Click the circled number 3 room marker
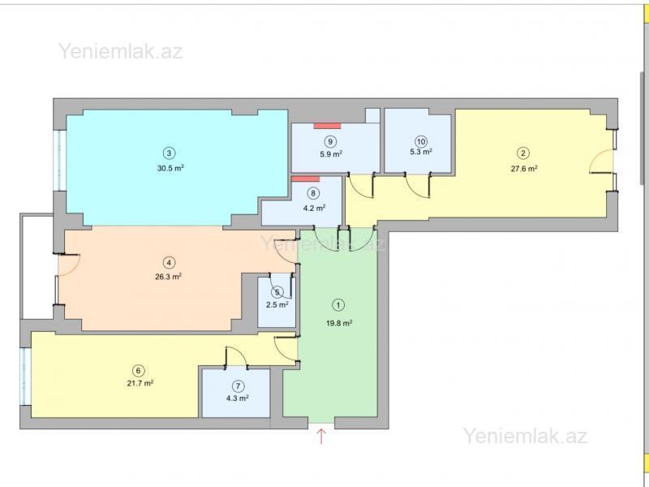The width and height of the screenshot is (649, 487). click(169, 153)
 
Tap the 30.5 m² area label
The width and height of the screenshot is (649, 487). click(170, 168)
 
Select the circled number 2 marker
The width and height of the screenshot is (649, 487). click(523, 153)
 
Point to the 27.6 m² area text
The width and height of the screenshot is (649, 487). click(524, 168)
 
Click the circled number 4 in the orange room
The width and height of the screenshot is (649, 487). click(169, 262)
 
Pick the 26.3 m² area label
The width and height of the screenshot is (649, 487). click(169, 277)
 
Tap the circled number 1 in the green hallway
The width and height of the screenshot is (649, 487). click(338, 305)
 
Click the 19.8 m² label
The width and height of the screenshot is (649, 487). click(339, 323)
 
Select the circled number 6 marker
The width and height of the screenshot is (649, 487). click(138, 370)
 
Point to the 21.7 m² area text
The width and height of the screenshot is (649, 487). click(140, 383)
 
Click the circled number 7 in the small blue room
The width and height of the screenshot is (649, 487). click(238, 386)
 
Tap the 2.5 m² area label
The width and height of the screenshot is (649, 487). click(277, 305)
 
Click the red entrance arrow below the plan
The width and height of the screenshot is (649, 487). click(321, 437)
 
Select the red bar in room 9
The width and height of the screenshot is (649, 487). click(327, 126)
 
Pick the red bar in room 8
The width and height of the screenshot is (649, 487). click(306, 179)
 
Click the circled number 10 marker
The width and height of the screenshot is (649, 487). click(421, 141)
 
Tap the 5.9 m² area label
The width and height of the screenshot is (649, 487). click(331, 154)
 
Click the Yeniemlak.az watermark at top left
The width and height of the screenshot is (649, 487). click(120, 51)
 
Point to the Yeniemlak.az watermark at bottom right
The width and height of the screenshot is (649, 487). click(525, 436)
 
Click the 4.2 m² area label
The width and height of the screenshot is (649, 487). click(314, 209)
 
